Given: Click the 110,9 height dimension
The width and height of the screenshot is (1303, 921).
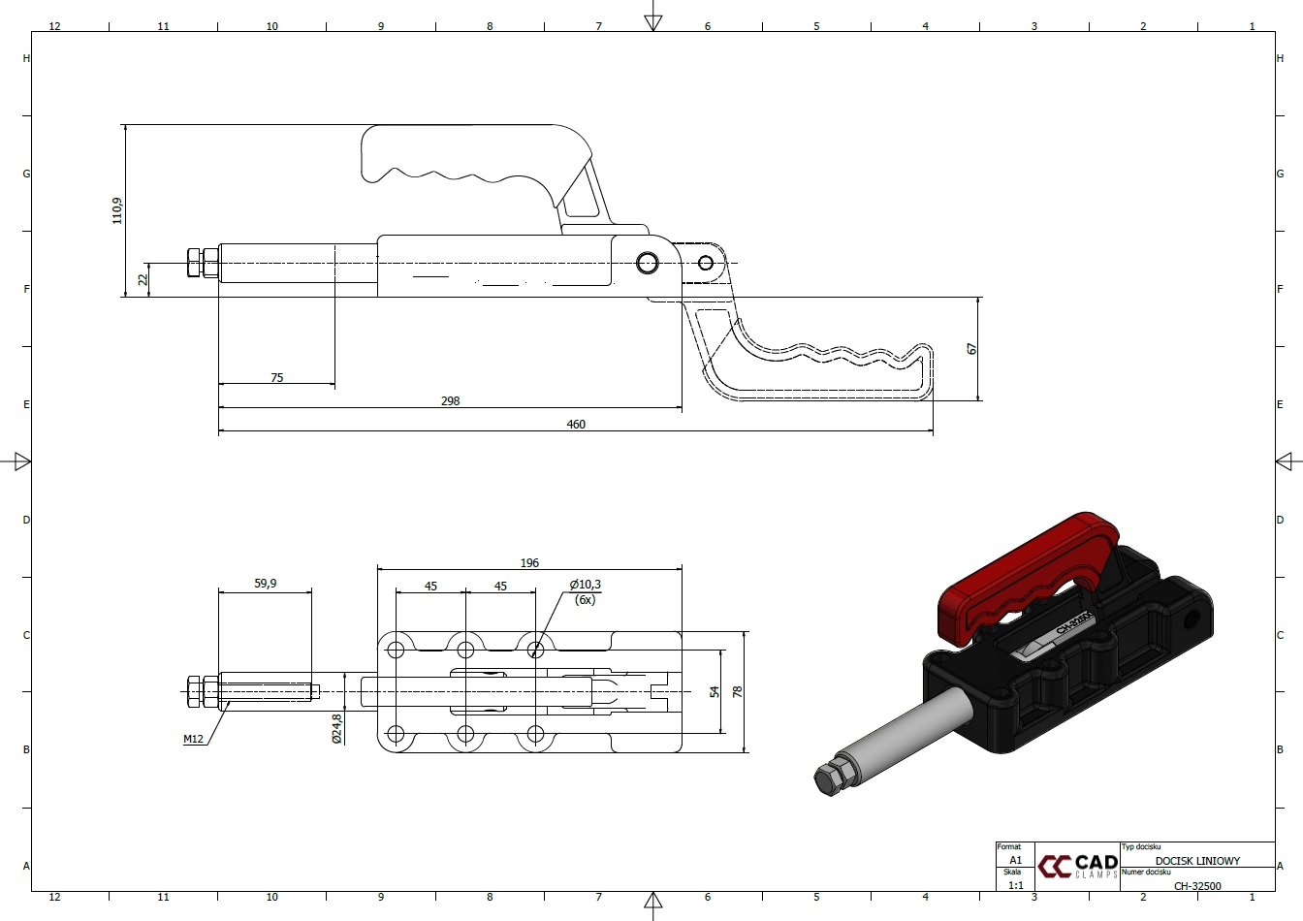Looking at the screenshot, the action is (x=117, y=210).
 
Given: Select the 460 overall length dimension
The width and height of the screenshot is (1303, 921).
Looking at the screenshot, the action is (x=576, y=424).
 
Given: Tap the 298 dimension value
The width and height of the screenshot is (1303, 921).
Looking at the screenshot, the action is (x=450, y=400).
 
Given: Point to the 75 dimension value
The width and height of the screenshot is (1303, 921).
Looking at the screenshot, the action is (x=277, y=377).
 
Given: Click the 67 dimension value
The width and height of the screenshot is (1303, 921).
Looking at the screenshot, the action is (x=971, y=348).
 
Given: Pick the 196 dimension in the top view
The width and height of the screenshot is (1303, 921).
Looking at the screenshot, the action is (x=529, y=562).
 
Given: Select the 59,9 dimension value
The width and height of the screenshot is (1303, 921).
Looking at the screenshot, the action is (x=266, y=583).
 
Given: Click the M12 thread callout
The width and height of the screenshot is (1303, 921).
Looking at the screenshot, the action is (x=193, y=739).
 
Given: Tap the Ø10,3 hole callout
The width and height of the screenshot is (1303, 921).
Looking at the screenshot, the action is (x=586, y=585).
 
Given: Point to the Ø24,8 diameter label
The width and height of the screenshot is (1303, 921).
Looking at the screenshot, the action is (x=336, y=728).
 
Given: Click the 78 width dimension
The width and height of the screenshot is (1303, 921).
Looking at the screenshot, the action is (x=738, y=692).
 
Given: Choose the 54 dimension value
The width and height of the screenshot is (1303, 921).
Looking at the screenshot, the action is (x=715, y=692).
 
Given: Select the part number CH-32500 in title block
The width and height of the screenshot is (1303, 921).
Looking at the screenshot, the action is (x=1197, y=886).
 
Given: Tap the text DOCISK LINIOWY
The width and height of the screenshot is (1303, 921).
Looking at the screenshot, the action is (x=1197, y=861).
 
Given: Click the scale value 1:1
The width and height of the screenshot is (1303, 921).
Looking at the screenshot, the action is (x=1016, y=885).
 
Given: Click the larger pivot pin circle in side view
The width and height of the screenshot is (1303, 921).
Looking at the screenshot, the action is (x=648, y=263).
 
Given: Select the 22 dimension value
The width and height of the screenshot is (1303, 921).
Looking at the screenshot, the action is (x=143, y=280).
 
